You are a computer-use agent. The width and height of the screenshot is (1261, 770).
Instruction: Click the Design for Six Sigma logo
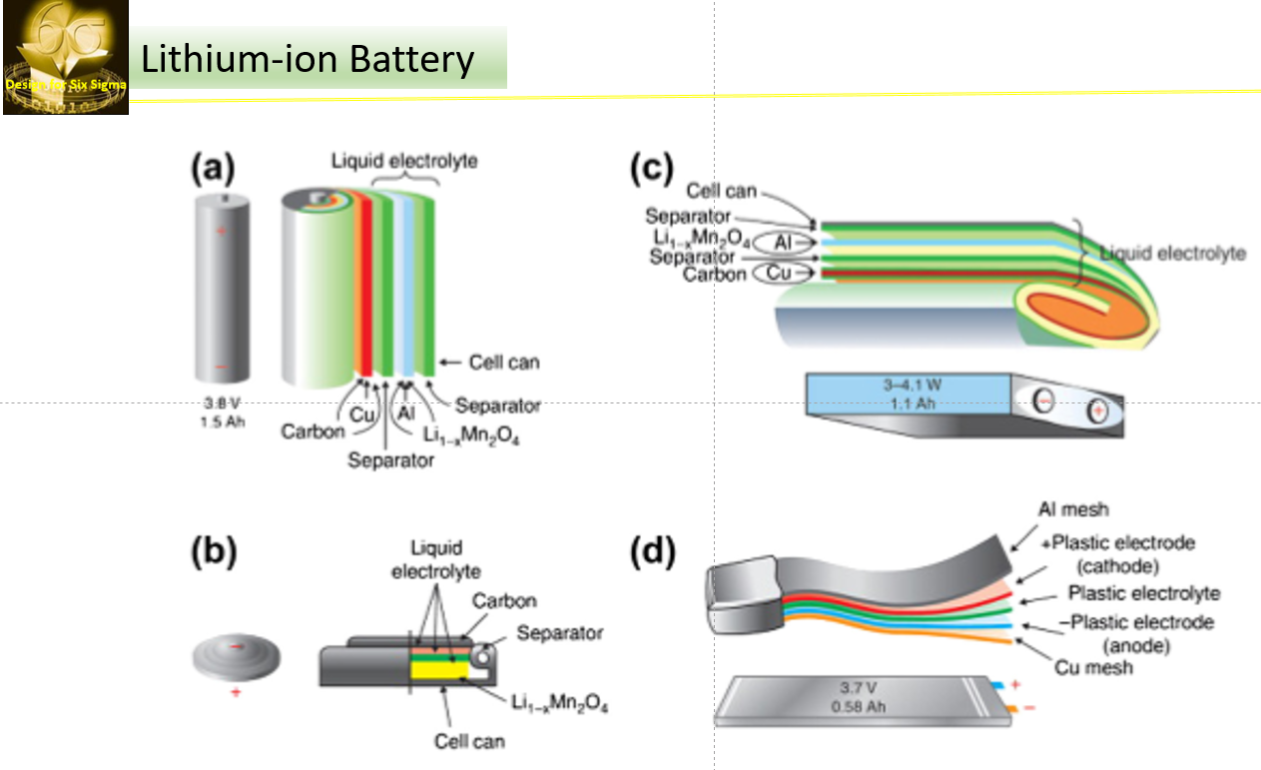(x=66, y=58)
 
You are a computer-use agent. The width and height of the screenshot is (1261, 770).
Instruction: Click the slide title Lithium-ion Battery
(x=308, y=60)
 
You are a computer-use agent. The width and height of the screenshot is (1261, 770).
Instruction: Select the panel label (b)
(x=214, y=553)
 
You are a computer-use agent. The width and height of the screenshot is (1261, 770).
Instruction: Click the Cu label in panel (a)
(x=360, y=414)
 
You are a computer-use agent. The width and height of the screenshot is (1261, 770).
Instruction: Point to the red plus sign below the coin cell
(x=237, y=692)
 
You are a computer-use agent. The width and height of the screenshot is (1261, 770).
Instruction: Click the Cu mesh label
(x=1092, y=666)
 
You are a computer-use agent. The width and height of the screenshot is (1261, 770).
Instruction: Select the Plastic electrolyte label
(x=1143, y=592)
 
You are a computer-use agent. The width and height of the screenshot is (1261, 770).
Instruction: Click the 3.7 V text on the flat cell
(x=860, y=687)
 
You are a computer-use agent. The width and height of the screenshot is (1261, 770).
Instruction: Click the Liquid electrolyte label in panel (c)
(x=1172, y=254)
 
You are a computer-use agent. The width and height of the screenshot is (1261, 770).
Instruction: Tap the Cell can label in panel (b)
(x=469, y=741)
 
